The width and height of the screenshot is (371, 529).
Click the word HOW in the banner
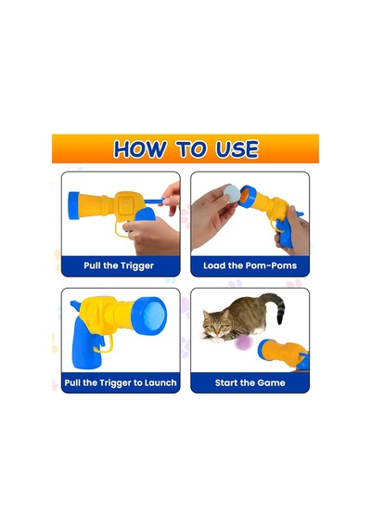(139, 149)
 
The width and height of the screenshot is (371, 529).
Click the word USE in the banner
(237, 149)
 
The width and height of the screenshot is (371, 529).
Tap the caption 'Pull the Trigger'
(119, 265)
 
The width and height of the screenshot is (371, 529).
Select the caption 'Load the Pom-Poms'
(249, 265)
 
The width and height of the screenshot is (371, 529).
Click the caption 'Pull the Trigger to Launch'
(121, 383)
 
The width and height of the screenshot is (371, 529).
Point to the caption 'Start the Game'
(249, 383)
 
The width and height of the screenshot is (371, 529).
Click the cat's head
(216, 324)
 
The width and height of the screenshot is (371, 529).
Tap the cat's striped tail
(275, 307)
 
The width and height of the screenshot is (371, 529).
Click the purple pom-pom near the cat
(244, 343)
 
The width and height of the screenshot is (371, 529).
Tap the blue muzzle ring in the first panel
(73, 205)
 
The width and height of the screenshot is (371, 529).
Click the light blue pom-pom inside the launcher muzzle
(153, 317)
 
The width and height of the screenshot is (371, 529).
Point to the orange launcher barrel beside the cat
(283, 353)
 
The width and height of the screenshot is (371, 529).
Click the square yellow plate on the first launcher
(126, 204)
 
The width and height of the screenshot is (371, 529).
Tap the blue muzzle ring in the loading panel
(248, 197)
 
